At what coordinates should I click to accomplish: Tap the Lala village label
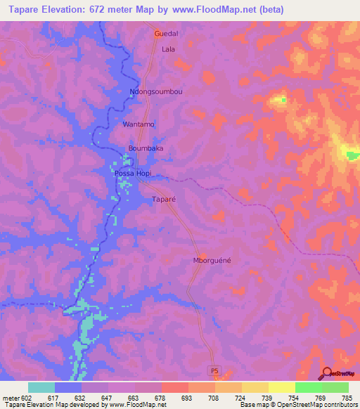coord(168,49)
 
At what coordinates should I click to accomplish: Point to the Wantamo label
coord(139,124)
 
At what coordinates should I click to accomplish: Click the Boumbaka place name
coord(146,148)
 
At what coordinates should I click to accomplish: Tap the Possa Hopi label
coord(132,173)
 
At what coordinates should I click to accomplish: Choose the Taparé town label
coord(163,200)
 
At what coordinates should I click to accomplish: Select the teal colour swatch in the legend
coord(41,387)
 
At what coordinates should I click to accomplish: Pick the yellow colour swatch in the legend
coord(281,387)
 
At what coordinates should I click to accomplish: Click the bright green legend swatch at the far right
coord(335,387)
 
